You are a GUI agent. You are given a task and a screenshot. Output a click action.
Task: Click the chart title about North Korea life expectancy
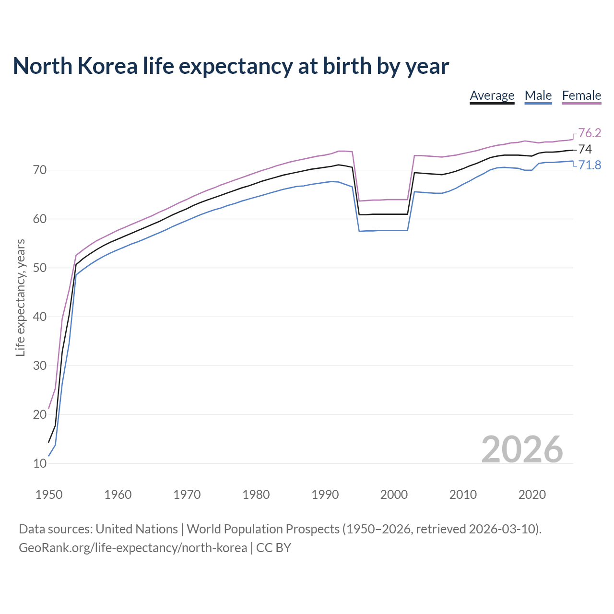click(231, 66)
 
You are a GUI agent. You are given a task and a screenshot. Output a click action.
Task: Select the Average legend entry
click(492, 95)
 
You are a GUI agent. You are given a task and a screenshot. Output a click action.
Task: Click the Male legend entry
click(538, 95)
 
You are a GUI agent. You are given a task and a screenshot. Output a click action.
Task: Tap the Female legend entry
click(581, 95)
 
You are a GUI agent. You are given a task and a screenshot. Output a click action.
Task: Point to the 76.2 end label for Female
click(590, 133)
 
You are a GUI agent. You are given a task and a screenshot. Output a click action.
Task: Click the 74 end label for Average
click(585, 149)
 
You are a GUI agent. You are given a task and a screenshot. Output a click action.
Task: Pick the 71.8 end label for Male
click(590, 165)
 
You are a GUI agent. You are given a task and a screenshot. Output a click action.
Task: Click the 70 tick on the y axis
click(40, 170)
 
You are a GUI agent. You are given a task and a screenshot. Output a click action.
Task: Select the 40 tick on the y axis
click(40, 317)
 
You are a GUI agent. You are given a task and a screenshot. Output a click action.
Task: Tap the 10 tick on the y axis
click(40, 463)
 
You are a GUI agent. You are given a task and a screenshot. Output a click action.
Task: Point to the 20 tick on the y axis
click(40, 414)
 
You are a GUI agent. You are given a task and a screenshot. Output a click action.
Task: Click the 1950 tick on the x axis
click(49, 495)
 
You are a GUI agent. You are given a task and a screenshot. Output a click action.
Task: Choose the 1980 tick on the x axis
click(256, 495)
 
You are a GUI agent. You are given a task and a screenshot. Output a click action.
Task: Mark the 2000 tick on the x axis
click(394, 495)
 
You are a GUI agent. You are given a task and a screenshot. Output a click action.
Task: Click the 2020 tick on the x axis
click(532, 495)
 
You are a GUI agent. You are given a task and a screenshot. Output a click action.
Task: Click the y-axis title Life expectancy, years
click(21, 297)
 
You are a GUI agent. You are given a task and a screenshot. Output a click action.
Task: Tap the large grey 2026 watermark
click(522, 449)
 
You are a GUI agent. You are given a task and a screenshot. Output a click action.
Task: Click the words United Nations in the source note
click(137, 529)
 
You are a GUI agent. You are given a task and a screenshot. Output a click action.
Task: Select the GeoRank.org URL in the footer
click(133, 548)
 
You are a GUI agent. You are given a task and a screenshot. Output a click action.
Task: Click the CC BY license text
click(273, 548)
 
